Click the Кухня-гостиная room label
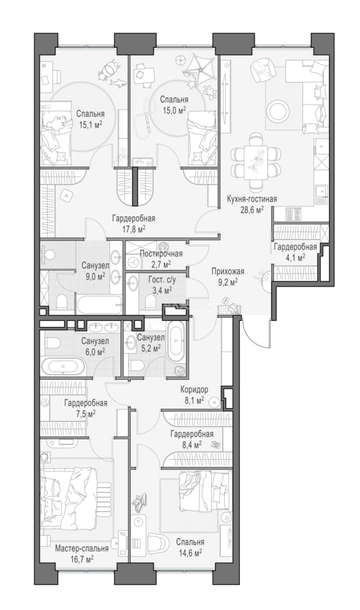(x=252, y=199)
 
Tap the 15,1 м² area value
(x=90, y=124)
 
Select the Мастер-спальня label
(x=82, y=548)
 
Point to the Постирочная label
(x=161, y=254)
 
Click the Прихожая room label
(x=228, y=272)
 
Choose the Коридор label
(x=194, y=389)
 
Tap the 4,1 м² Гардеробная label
(x=295, y=251)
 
